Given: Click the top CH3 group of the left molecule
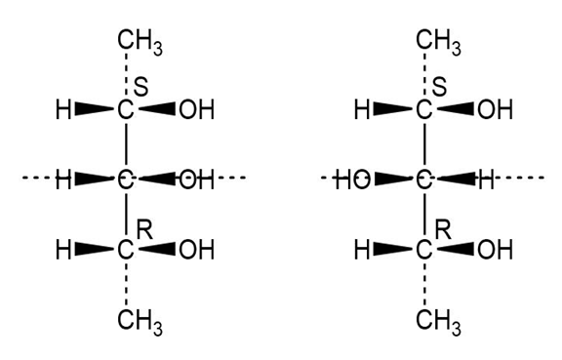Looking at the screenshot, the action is (140, 42).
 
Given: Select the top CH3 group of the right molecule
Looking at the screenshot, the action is (438, 42).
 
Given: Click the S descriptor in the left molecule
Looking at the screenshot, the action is (140, 87).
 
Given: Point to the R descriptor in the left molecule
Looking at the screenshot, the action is (144, 230).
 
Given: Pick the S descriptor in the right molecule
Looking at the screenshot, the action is (439, 87).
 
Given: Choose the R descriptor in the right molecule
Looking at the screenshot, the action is (443, 230).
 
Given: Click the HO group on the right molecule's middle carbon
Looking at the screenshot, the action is (352, 180).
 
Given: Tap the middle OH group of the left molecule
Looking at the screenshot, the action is (196, 180).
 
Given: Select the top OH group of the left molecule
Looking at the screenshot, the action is (196, 109).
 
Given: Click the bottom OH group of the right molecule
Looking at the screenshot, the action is (495, 250).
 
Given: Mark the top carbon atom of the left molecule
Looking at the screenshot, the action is (126, 109).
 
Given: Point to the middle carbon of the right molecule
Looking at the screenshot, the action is (424, 180).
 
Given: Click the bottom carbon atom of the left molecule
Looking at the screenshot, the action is (126, 250).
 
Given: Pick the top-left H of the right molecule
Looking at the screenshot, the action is (362, 109).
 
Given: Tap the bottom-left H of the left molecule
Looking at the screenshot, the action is (63, 250).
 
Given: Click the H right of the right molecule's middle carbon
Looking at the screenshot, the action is (486, 180).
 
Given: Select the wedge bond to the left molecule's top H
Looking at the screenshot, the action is (95, 109).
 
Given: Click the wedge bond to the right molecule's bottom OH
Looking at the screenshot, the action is (456, 249).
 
